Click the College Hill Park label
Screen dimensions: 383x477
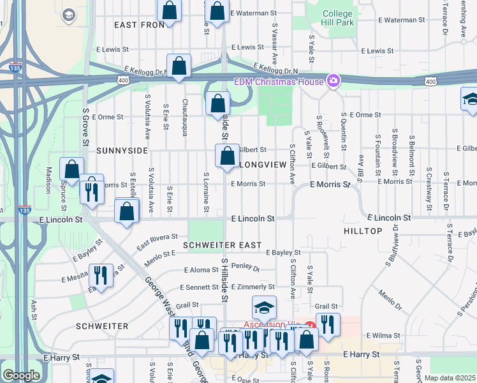point(337,18)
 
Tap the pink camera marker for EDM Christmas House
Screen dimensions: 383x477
point(332,80)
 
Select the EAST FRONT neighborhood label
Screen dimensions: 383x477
point(140,25)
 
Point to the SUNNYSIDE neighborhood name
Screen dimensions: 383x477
point(122,151)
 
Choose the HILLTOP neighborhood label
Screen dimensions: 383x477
point(362,230)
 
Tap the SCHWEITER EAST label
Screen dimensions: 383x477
point(221,245)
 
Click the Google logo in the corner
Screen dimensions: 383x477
point(21,375)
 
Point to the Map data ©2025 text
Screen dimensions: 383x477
point(450,378)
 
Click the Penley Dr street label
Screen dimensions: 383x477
point(246,268)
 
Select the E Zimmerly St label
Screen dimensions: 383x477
point(253,287)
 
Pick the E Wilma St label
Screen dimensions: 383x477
point(382,335)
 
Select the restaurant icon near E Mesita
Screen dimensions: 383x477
point(100,275)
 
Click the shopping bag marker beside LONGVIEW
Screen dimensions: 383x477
point(228,156)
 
